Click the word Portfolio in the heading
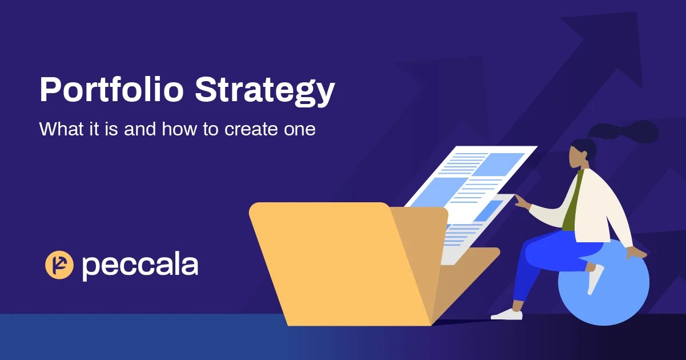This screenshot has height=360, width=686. [112, 90]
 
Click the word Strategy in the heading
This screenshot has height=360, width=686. [264, 91]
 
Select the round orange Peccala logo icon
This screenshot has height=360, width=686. [59, 265]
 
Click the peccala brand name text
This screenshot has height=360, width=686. [140, 266]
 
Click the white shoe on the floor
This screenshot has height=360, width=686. [507, 314]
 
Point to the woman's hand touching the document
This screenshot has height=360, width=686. [521, 201]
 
